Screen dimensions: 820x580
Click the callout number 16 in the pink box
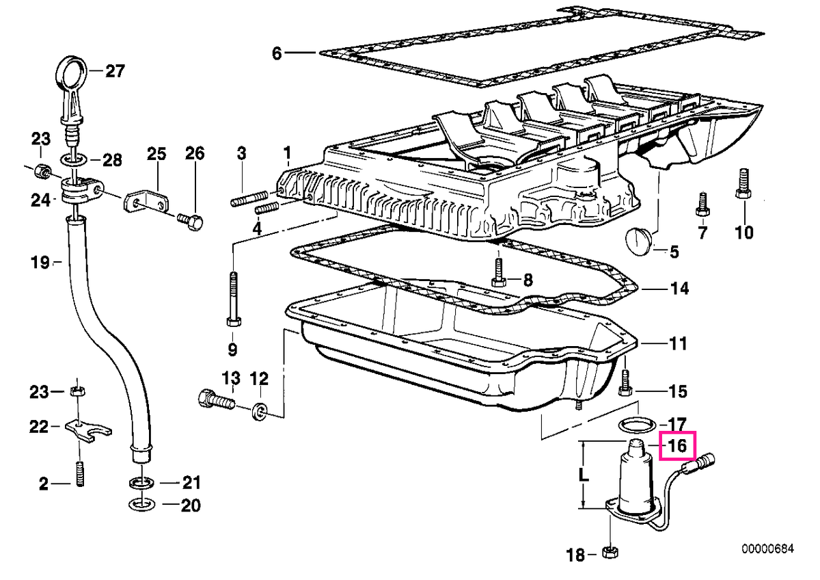[677, 446]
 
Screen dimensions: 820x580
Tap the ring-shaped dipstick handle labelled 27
[72, 70]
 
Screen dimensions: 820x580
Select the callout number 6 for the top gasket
[277, 53]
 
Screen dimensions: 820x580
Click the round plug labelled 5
[638, 241]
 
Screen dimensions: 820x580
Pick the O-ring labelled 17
[637, 425]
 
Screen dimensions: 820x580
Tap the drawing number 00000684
[768, 559]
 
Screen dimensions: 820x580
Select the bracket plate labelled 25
[146, 202]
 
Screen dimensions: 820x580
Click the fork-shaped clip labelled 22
[89, 432]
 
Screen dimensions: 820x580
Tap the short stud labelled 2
[80, 474]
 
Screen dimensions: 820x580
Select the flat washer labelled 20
[141, 505]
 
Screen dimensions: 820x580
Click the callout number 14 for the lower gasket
[679, 289]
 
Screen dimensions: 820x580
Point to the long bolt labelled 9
[234, 299]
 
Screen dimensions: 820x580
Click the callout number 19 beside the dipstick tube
[40, 263]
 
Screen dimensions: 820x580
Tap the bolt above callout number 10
[743, 183]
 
